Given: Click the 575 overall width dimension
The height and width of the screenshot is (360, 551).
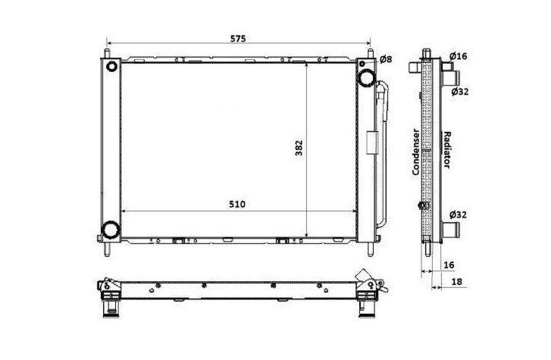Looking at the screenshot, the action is tap(238, 39).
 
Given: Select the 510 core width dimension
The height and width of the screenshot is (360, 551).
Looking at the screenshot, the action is tap(237, 204).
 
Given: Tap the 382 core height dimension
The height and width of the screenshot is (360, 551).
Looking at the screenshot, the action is tap(299, 148).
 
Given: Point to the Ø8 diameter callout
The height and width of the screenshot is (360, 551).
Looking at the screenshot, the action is tap(386, 59).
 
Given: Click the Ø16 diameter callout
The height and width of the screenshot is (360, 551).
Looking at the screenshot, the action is tap(459, 56).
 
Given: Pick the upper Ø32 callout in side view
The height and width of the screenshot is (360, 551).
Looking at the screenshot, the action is tap(460, 92).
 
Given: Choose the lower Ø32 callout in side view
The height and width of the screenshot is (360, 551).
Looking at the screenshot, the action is tap(459, 214).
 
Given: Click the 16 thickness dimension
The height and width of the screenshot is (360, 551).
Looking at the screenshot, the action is tap(449, 265).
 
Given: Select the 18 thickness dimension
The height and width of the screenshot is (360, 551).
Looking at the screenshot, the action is tap(456, 282).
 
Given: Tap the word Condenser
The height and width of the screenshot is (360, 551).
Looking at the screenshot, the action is tap(415, 152).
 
